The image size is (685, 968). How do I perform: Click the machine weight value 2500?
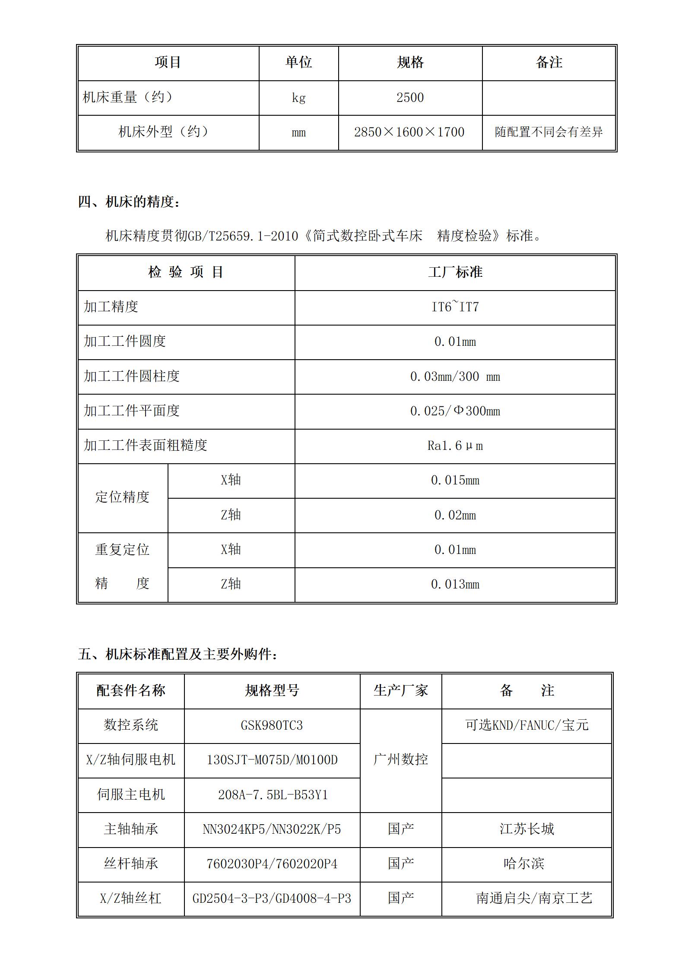pyautogui.click(x=410, y=98)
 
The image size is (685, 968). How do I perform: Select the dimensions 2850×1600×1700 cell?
pyautogui.click(x=409, y=132)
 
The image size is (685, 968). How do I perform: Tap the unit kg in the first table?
pyautogui.click(x=298, y=98)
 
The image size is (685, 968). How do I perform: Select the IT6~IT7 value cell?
pyautogui.click(x=455, y=307)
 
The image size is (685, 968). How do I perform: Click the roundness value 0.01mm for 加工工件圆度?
pyautogui.click(x=455, y=342)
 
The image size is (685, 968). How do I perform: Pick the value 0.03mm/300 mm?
pyautogui.click(x=455, y=376)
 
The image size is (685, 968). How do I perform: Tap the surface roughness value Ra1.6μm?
pyautogui.click(x=455, y=446)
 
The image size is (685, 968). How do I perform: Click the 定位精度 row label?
pyautogui.click(x=122, y=497)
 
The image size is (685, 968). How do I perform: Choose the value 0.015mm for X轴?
pyautogui.click(x=455, y=480)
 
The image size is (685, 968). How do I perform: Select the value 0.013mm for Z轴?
pyautogui.click(x=455, y=584)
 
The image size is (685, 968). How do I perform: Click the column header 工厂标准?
pyautogui.click(x=455, y=272)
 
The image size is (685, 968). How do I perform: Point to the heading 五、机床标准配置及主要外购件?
pyautogui.click(x=178, y=654)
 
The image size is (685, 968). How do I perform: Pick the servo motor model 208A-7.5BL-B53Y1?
pyautogui.click(x=273, y=794)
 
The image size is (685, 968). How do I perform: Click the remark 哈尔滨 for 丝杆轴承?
pyautogui.click(x=523, y=864)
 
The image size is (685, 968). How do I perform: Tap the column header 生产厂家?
pyautogui.click(x=400, y=690)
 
